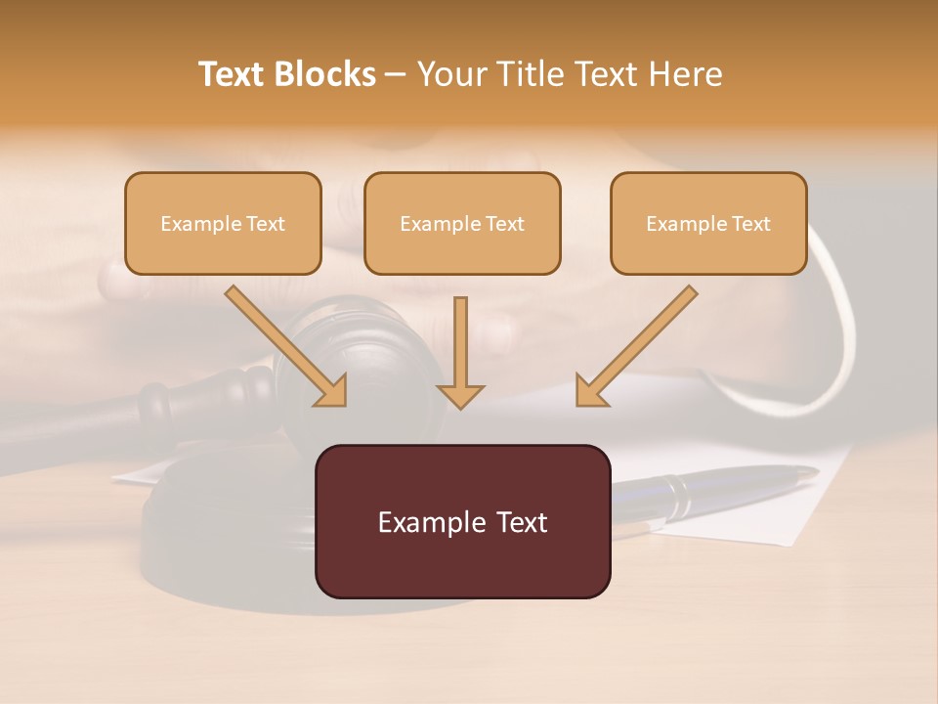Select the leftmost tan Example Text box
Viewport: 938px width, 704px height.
(x=223, y=223)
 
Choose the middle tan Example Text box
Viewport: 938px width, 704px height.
(x=462, y=223)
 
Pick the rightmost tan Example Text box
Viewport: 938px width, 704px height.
(x=708, y=223)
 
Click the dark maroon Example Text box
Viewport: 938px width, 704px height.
(x=462, y=521)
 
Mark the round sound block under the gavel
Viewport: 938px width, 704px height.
(x=225, y=528)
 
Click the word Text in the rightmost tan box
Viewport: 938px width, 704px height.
(x=750, y=223)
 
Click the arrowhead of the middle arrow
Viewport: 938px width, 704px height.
(x=460, y=395)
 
